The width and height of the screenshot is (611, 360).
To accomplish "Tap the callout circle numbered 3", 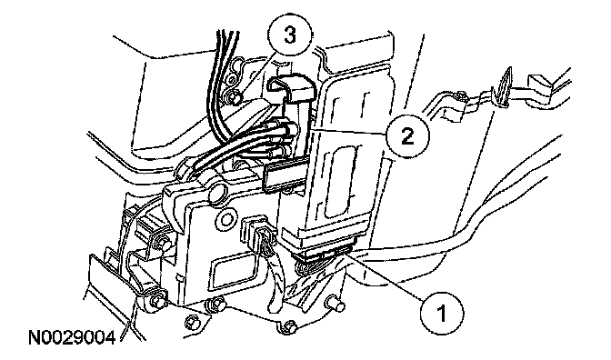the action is coord(289,35).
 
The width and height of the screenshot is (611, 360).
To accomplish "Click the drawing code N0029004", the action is coord(72,338).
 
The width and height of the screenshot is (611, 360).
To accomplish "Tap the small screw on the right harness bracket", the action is coord(460,95).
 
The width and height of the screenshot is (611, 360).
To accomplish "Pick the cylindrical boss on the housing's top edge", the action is coord(219,194).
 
